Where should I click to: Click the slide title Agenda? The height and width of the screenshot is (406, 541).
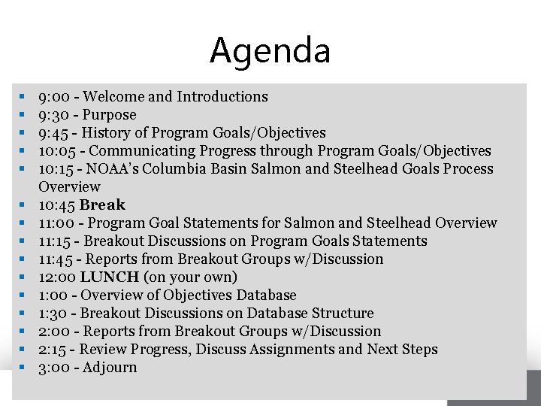[270, 50]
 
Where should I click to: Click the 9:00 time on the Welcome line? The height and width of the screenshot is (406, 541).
[54, 97]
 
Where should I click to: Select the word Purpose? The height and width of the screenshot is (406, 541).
[110, 115]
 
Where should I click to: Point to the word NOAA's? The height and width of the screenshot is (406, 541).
[116, 169]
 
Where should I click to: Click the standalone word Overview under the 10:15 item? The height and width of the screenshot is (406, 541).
[69, 186]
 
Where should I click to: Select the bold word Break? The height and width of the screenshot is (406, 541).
[102, 205]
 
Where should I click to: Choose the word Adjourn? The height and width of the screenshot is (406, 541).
[110, 368]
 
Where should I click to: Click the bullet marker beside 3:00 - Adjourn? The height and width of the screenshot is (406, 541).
[23, 368]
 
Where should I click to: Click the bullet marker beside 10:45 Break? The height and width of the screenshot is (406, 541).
[23, 205]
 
